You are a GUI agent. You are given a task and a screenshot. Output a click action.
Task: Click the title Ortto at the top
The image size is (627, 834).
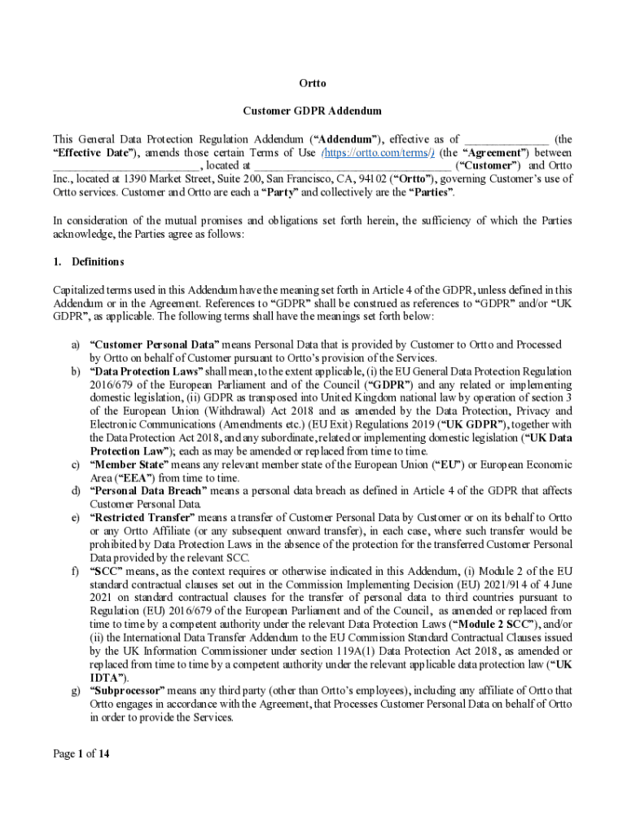[313, 84]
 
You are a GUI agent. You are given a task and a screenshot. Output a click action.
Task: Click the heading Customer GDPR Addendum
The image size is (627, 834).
[313, 111]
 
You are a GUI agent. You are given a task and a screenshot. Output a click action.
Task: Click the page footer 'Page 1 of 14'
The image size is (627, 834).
[81, 753]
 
